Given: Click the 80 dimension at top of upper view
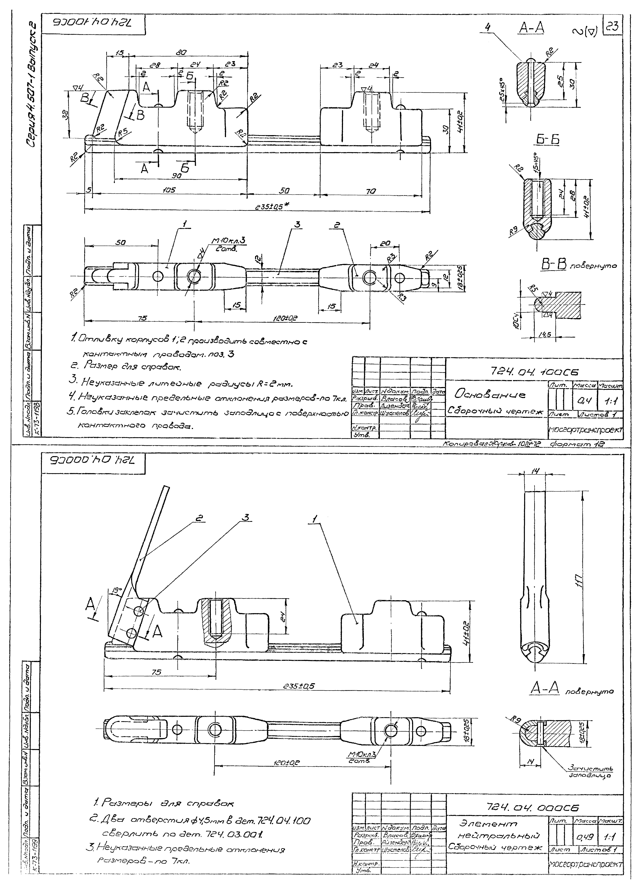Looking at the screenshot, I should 181,52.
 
